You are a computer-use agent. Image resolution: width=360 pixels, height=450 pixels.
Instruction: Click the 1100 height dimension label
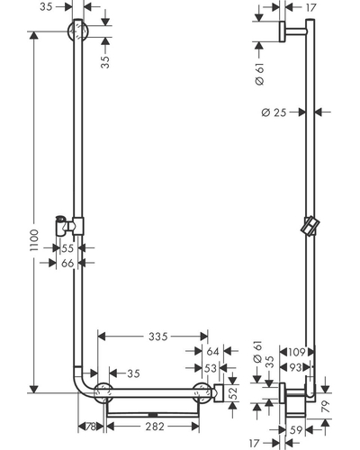[x=35, y=240]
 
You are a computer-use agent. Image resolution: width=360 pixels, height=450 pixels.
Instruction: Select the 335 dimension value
[x=158, y=337]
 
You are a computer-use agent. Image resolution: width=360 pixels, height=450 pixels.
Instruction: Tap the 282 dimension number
[x=155, y=426]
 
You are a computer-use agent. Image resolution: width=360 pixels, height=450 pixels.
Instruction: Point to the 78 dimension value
[x=91, y=427]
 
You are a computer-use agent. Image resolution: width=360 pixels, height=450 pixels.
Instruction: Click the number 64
[x=212, y=351]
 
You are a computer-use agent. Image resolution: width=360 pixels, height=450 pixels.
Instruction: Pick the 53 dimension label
[x=211, y=368]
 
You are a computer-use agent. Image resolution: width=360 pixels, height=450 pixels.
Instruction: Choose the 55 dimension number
[x=67, y=248]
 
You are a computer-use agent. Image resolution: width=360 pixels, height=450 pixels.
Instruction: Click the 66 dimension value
[x=67, y=263]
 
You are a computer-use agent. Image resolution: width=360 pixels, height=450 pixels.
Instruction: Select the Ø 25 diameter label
[x=274, y=112]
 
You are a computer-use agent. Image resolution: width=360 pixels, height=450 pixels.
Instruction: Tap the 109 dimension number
[x=296, y=352]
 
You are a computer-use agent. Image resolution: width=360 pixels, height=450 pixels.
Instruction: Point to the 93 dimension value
[x=294, y=367]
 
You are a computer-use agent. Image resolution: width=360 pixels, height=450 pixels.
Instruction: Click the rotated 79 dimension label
[x=325, y=406]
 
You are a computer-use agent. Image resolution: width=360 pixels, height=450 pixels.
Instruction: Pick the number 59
[x=296, y=430]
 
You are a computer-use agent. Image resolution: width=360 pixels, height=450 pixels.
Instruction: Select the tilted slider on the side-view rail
[x=310, y=226]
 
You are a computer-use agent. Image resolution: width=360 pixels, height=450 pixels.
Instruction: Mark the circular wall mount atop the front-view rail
[x=78, y=31]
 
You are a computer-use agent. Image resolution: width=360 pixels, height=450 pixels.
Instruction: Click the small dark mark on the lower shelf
[x=153, y=415]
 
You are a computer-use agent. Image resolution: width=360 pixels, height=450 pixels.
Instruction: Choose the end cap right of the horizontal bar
[x=218, y=392]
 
